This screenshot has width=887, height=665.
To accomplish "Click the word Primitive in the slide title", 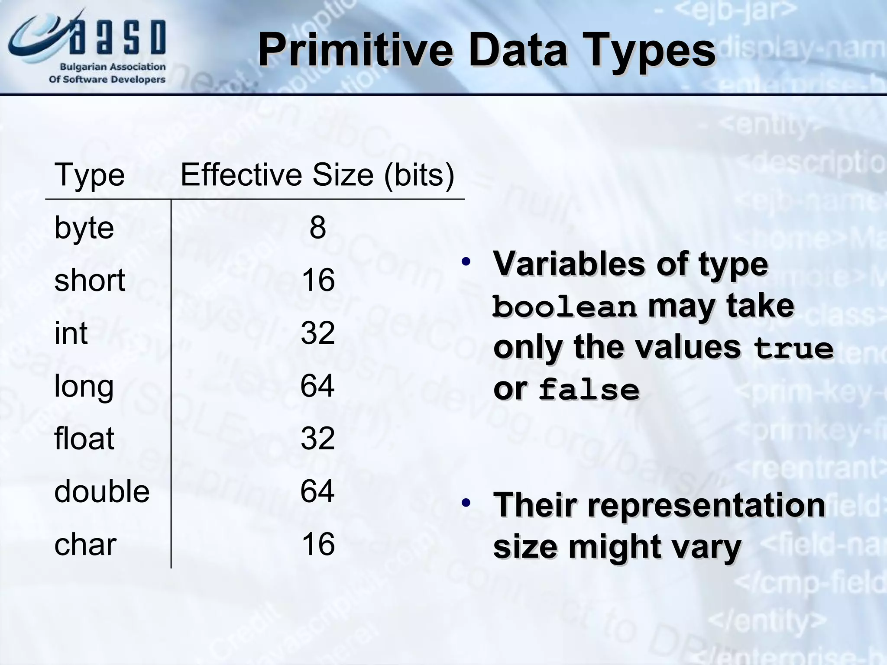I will click(355, 51).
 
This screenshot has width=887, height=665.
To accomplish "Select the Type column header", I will click(90, 175).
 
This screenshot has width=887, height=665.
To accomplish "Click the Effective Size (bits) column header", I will click(317, 175).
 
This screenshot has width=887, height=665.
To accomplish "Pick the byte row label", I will click(84, 228).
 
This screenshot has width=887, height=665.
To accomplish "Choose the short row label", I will click(90, 280).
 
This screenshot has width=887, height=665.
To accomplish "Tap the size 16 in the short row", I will click(318, 280).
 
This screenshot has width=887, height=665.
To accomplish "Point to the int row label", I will click(71, 333).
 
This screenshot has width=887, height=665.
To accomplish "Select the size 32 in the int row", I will click(318, 333).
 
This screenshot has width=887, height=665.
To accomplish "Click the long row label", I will click(84, 386).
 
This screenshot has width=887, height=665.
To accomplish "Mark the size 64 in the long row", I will click(317, 386).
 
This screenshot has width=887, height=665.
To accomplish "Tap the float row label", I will click(84, 438).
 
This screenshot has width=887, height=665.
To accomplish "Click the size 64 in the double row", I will click(317, 491).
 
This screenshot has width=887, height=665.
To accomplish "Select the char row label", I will click(85, 545).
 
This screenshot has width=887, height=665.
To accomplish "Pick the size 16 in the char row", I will click(318, 544).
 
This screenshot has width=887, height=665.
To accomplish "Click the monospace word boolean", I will click(565, 307).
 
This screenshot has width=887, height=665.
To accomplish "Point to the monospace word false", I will click(589, 389).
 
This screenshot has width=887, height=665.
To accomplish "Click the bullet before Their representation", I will click(466, 503).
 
